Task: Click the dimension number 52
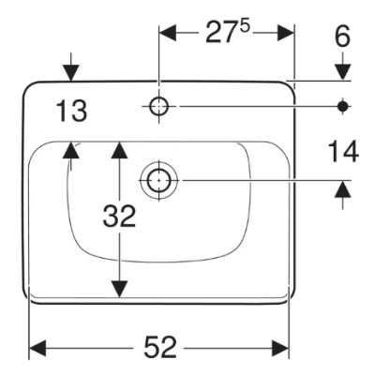160,347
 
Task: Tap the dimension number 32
119,216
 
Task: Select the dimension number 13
71,112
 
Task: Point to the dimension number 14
343,152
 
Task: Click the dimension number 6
342,37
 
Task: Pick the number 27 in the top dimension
220,32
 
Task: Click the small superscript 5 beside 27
245,26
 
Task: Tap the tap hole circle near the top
159,107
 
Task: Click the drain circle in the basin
159,180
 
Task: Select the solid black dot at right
343,107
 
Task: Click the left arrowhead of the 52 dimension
37,348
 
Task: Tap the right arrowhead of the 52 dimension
279,348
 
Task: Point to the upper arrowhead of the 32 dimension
119,150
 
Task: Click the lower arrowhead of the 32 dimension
119,289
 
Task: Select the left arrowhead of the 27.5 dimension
168,33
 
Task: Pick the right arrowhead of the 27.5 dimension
285,33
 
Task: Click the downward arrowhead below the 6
343,72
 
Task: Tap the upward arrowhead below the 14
343,189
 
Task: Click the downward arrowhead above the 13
71,73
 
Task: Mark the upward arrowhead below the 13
71,150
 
